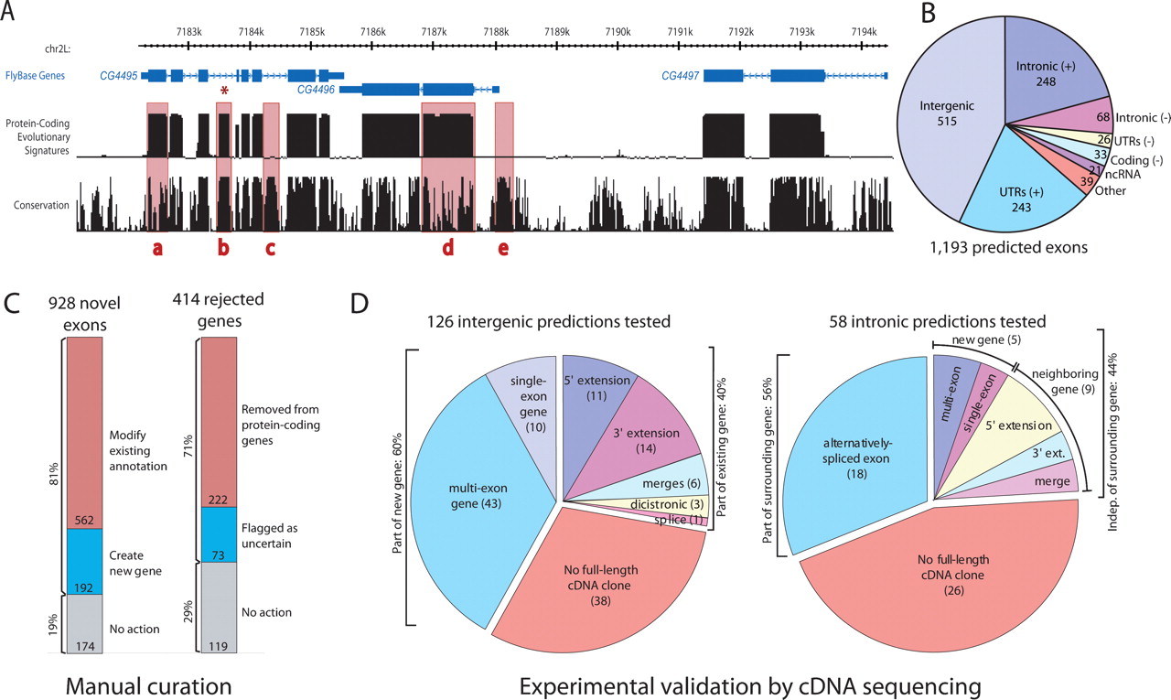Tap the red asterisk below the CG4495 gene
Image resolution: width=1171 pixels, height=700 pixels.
[x=224, y=91]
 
